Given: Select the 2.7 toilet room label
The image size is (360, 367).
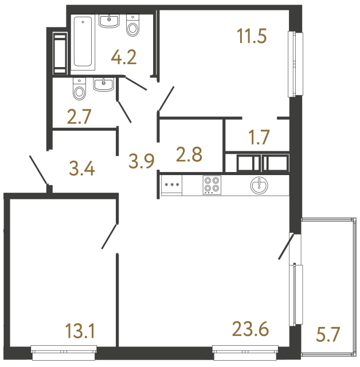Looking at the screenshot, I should (x=79, y=119).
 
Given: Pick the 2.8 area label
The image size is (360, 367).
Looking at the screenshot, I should (x=189, y=155).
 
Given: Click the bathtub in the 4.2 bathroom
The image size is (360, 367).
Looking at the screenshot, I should (x=84, y=42).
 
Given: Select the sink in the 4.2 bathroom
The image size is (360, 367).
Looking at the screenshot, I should (x=109, y=21).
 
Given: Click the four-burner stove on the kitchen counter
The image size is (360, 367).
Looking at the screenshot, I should (x=211, y=185).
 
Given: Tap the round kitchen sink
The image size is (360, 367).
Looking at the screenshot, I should (x=259, y=185).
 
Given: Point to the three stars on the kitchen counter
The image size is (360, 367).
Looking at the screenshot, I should (x=171, y=185).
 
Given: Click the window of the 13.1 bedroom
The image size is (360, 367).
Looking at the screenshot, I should (x=64, y=349).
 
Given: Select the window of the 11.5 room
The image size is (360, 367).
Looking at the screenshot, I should (x=295, y=64).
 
